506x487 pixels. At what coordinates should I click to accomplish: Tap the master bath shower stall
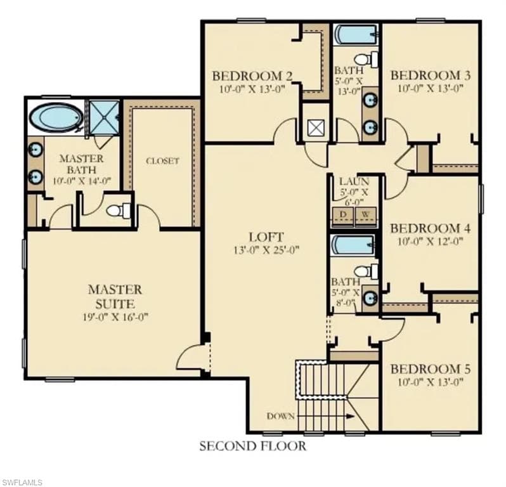tap(104, 117)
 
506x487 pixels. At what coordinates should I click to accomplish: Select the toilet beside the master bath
tap(118, 211)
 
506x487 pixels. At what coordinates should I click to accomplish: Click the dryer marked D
tap(343, 214)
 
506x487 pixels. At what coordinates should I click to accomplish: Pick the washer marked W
tap(366, 214)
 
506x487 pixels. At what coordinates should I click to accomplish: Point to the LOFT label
tap(266, 237)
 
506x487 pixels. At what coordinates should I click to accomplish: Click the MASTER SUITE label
tap(115, 297)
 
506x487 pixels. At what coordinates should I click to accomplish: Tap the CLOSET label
tap(162, 160)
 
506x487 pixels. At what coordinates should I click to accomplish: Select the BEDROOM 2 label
tap(252, 76)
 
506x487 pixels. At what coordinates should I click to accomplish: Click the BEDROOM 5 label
tap(431, 369)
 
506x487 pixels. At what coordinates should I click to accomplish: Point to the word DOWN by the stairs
tap(281, 417)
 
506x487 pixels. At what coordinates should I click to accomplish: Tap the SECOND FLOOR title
tap(252, 446)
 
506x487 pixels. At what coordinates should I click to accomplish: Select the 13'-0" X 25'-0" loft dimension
tap(266, 250)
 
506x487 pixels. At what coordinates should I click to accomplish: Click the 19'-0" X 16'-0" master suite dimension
tap(115, 317)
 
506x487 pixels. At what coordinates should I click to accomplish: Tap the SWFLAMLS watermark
tap(22, 482)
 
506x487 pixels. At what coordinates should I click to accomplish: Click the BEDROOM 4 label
tap(431, 228)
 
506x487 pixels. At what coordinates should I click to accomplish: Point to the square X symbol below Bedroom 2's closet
tap(316, 128)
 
